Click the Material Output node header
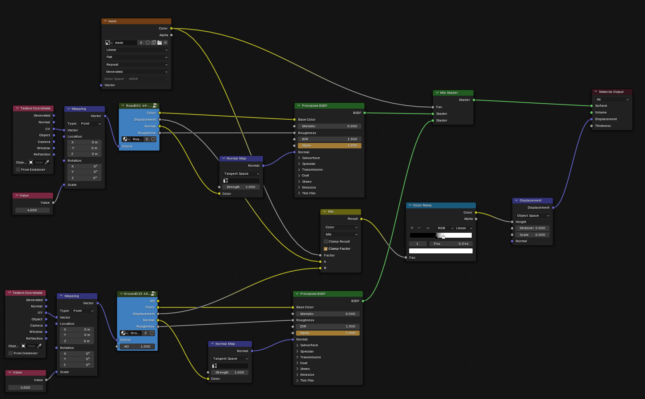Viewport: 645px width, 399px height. point(612,92)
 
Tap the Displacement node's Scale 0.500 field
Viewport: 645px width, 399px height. point(532,235)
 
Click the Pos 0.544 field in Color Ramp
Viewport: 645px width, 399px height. point(451,244)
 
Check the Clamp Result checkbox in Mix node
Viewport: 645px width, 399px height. point(326,242)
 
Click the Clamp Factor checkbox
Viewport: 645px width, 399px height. point(326,249)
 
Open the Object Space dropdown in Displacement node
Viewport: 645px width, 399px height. point(532,215)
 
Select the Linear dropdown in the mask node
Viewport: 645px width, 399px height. point(136,50)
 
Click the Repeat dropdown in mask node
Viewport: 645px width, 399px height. point(136,64)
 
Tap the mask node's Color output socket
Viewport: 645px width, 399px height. point(172,29)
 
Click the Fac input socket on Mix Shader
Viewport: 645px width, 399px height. point(433,107)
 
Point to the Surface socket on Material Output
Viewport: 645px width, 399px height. point(591,106)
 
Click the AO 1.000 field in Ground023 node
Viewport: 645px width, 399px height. point(137,346)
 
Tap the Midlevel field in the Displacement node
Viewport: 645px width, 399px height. point(532,228)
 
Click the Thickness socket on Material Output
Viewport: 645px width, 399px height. point(591,126)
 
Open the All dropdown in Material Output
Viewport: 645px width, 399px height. point(611,100)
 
